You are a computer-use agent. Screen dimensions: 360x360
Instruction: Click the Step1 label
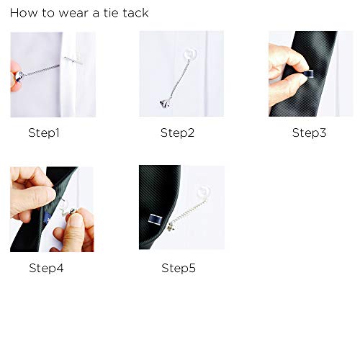click(x=43, y=132)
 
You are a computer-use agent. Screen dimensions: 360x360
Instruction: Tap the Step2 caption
click(x=176, y=132)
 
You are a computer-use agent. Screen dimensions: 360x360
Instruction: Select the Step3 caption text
click(x=309, y=132)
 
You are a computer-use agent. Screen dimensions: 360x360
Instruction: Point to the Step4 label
click(x=46, y=268)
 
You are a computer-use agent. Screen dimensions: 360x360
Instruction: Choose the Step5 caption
click(x=178, y=268)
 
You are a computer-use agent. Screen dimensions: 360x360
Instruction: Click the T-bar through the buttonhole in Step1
click(x=72, y=59)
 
